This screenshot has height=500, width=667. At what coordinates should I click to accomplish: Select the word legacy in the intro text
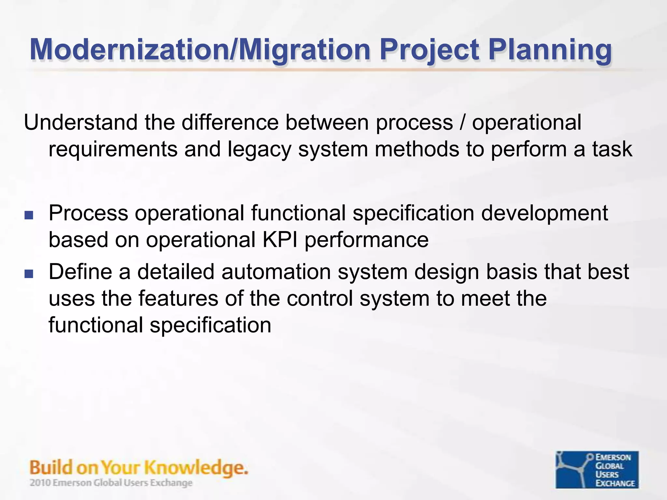(x=259, y=149)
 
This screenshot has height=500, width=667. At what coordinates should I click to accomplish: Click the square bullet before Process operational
(x=29, y=215)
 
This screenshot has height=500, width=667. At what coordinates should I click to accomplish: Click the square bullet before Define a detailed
(x=29, y=274)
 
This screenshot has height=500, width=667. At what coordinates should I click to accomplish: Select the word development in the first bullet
(x=544, y=214)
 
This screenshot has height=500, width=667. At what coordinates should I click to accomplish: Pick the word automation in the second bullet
(x=276, y=272)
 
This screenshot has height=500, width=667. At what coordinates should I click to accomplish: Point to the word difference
(x=230, y=123)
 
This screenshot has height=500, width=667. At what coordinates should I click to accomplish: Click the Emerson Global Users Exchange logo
(x=597, y=469)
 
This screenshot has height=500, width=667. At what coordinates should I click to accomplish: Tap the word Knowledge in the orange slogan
(x=196, y=468)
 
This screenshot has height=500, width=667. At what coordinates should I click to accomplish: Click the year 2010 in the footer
(x=40, y=483)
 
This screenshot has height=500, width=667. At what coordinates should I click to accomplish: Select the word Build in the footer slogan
(x=51, y=468)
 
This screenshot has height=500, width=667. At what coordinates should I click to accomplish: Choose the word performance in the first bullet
(x=366, y=240)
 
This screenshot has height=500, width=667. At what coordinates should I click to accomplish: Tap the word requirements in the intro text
(x=113, y=149)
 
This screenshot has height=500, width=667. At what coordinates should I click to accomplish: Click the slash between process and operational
(x=462, y=123)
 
